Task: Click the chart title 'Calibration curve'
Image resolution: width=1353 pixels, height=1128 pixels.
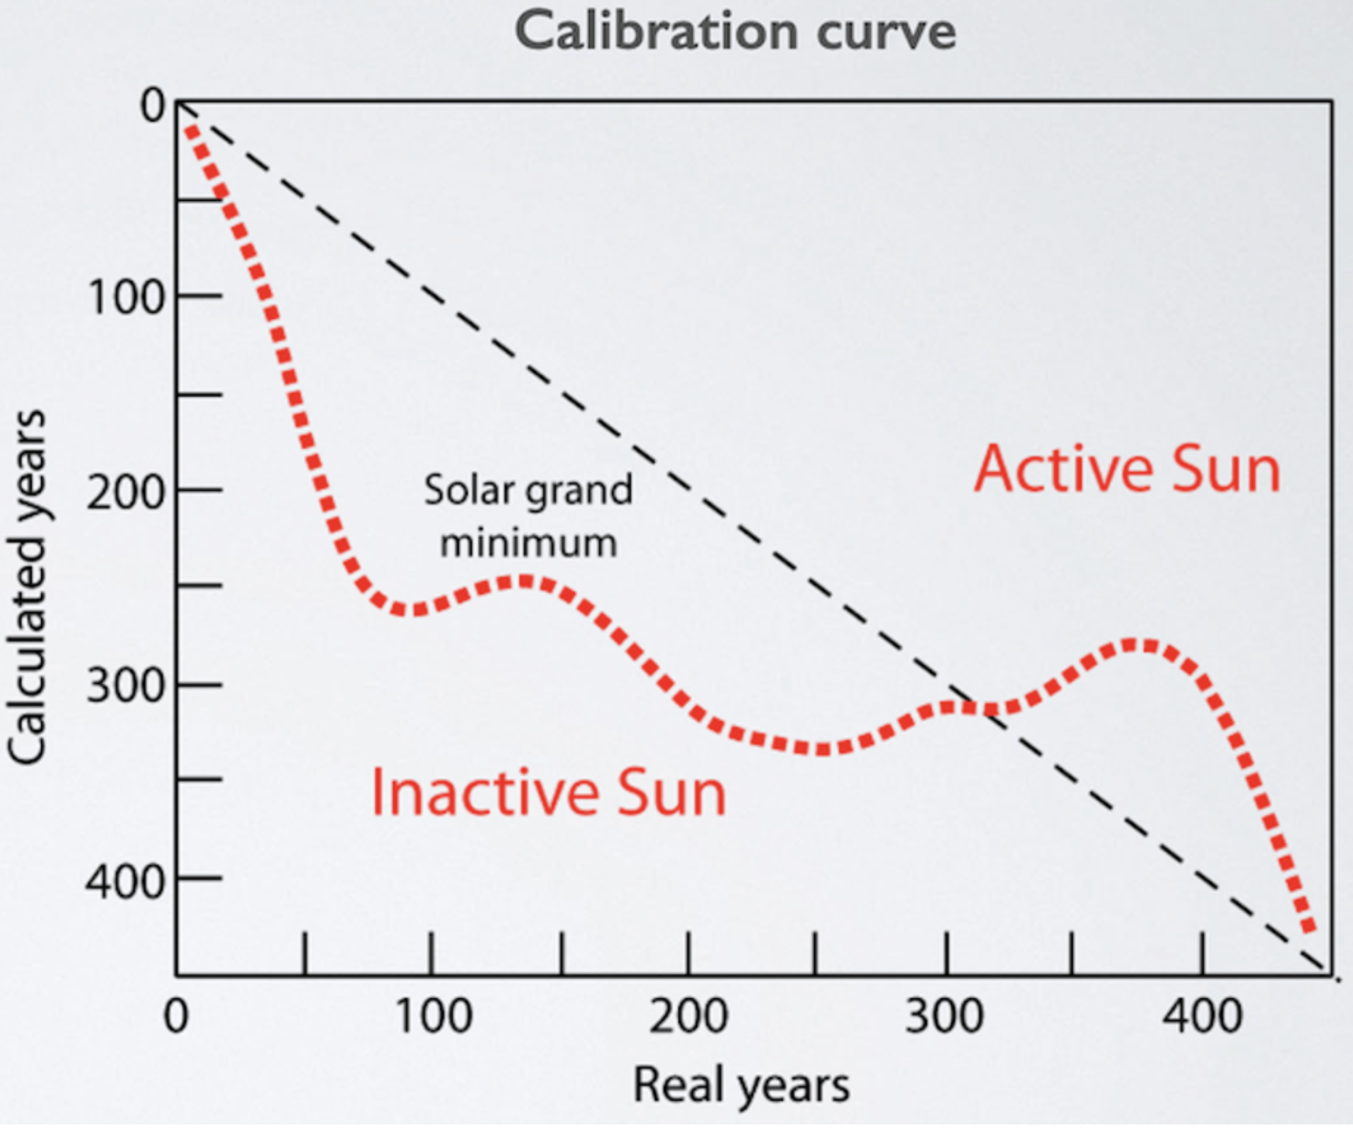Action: tap(735, 32)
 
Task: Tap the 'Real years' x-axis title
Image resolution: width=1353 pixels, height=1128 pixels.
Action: tap(740, 1085)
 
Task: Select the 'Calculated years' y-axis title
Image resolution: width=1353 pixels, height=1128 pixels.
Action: tap(27, 587)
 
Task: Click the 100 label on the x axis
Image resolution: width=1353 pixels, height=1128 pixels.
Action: tap(433, 1016)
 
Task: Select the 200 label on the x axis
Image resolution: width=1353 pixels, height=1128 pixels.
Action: tap(689, 1016)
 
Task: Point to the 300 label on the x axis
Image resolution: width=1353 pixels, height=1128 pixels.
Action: tap(945, 1016)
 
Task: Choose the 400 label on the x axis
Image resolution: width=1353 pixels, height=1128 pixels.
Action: tap(1202, 1016)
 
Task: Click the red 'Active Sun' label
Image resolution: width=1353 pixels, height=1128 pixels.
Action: tap(1127, 469)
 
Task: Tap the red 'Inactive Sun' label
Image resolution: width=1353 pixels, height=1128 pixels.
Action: tap(548, 792)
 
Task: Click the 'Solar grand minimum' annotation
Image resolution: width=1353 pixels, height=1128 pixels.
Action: tap(528, 516)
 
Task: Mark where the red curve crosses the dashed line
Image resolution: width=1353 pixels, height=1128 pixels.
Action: tap(983, 709)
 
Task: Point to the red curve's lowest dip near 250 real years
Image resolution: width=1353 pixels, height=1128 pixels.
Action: tap(820, 749)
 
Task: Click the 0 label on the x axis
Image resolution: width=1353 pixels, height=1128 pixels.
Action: tap(175, 1016)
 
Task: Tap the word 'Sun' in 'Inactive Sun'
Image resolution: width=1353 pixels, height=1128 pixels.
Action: tap(671, 792)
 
